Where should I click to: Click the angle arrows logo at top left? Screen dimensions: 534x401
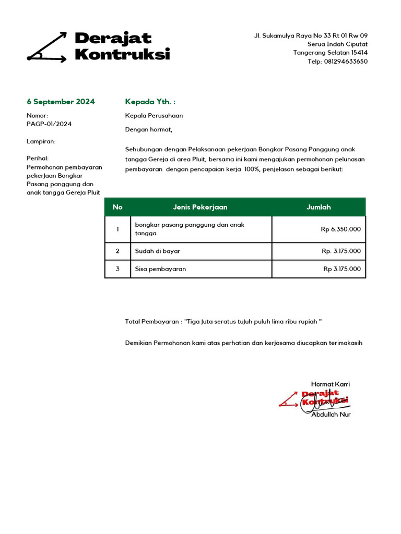(47, 47)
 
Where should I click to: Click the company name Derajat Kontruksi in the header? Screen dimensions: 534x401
(122, 46)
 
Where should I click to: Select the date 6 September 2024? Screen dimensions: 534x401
(61, 102)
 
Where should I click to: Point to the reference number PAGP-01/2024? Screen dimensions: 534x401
(49, 124)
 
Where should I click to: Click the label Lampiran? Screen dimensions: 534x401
(41, 141)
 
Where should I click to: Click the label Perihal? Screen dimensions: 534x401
(37, 159)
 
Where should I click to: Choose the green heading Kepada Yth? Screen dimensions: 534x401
(150, 102)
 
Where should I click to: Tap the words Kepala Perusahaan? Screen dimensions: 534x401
(154, 116)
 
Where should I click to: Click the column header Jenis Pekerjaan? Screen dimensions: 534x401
(200, 207)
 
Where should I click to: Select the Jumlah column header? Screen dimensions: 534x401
(319, 207)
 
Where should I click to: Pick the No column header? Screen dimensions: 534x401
(117, 207)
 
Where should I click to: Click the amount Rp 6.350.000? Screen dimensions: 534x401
(340, 229)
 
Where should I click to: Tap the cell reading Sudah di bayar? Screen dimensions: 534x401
(158, 251)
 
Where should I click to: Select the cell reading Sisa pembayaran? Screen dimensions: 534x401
(160, 269)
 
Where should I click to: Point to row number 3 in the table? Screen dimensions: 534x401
(117, 269)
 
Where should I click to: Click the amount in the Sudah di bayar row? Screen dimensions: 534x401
(341, 251)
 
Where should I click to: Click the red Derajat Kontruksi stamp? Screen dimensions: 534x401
(315, 398)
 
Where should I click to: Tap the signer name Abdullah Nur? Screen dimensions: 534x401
(331, 415)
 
